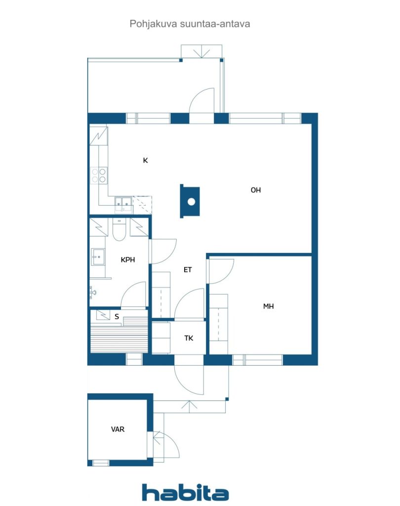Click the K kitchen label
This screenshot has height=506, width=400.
(146, 161)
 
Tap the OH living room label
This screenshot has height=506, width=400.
(255, 190)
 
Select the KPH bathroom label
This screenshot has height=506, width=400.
(128, 260)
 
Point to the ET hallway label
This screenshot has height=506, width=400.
(188, 270)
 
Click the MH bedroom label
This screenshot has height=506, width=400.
(268, 306)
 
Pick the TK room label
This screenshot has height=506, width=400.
(189, 338)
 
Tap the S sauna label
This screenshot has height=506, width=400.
(117, 317)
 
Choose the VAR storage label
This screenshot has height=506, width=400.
(118, 429)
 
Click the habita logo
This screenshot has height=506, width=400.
(186, 493)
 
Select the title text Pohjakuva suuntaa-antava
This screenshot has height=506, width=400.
(190, 24)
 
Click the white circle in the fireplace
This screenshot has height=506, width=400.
(191, 202)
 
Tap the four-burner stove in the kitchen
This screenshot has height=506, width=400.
(99, 175)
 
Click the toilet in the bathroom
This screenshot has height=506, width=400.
(119, 229)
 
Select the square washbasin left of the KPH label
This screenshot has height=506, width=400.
(98, 257)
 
